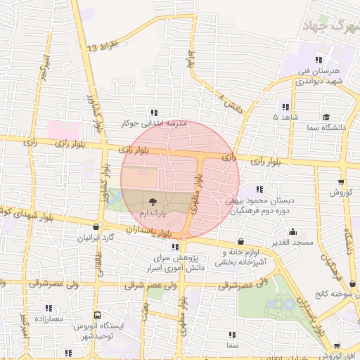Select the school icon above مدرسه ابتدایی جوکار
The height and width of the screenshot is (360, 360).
click(154, 112)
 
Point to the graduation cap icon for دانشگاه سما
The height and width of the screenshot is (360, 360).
click(326, 117)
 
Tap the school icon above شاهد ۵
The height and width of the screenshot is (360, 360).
click(285, 107)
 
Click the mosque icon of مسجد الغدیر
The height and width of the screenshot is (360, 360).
click(293, 231)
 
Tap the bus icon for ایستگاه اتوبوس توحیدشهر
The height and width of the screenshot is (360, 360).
click(98, 316)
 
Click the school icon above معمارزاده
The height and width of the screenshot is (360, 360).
click(49, 308)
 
